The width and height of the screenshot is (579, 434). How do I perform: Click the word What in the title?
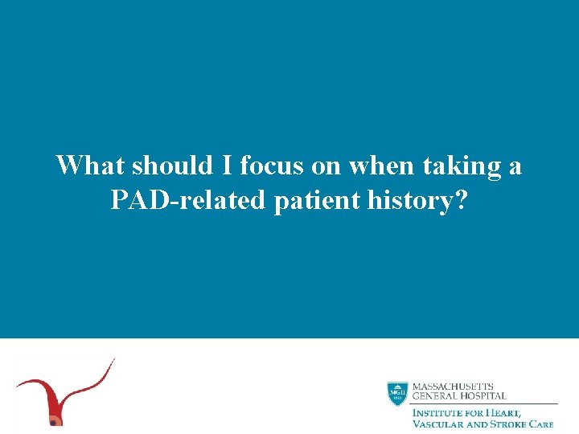(x=90, y=166)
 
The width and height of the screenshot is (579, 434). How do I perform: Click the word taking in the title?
(x=463, y=167)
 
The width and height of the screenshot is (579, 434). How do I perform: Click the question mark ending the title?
(x=460, y=200)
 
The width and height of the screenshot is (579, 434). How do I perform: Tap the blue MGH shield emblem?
(x=397, y=394)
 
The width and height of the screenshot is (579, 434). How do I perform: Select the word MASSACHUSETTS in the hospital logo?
(x=453, y=387)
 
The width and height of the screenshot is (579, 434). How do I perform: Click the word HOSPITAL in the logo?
(x=482, y=396)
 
